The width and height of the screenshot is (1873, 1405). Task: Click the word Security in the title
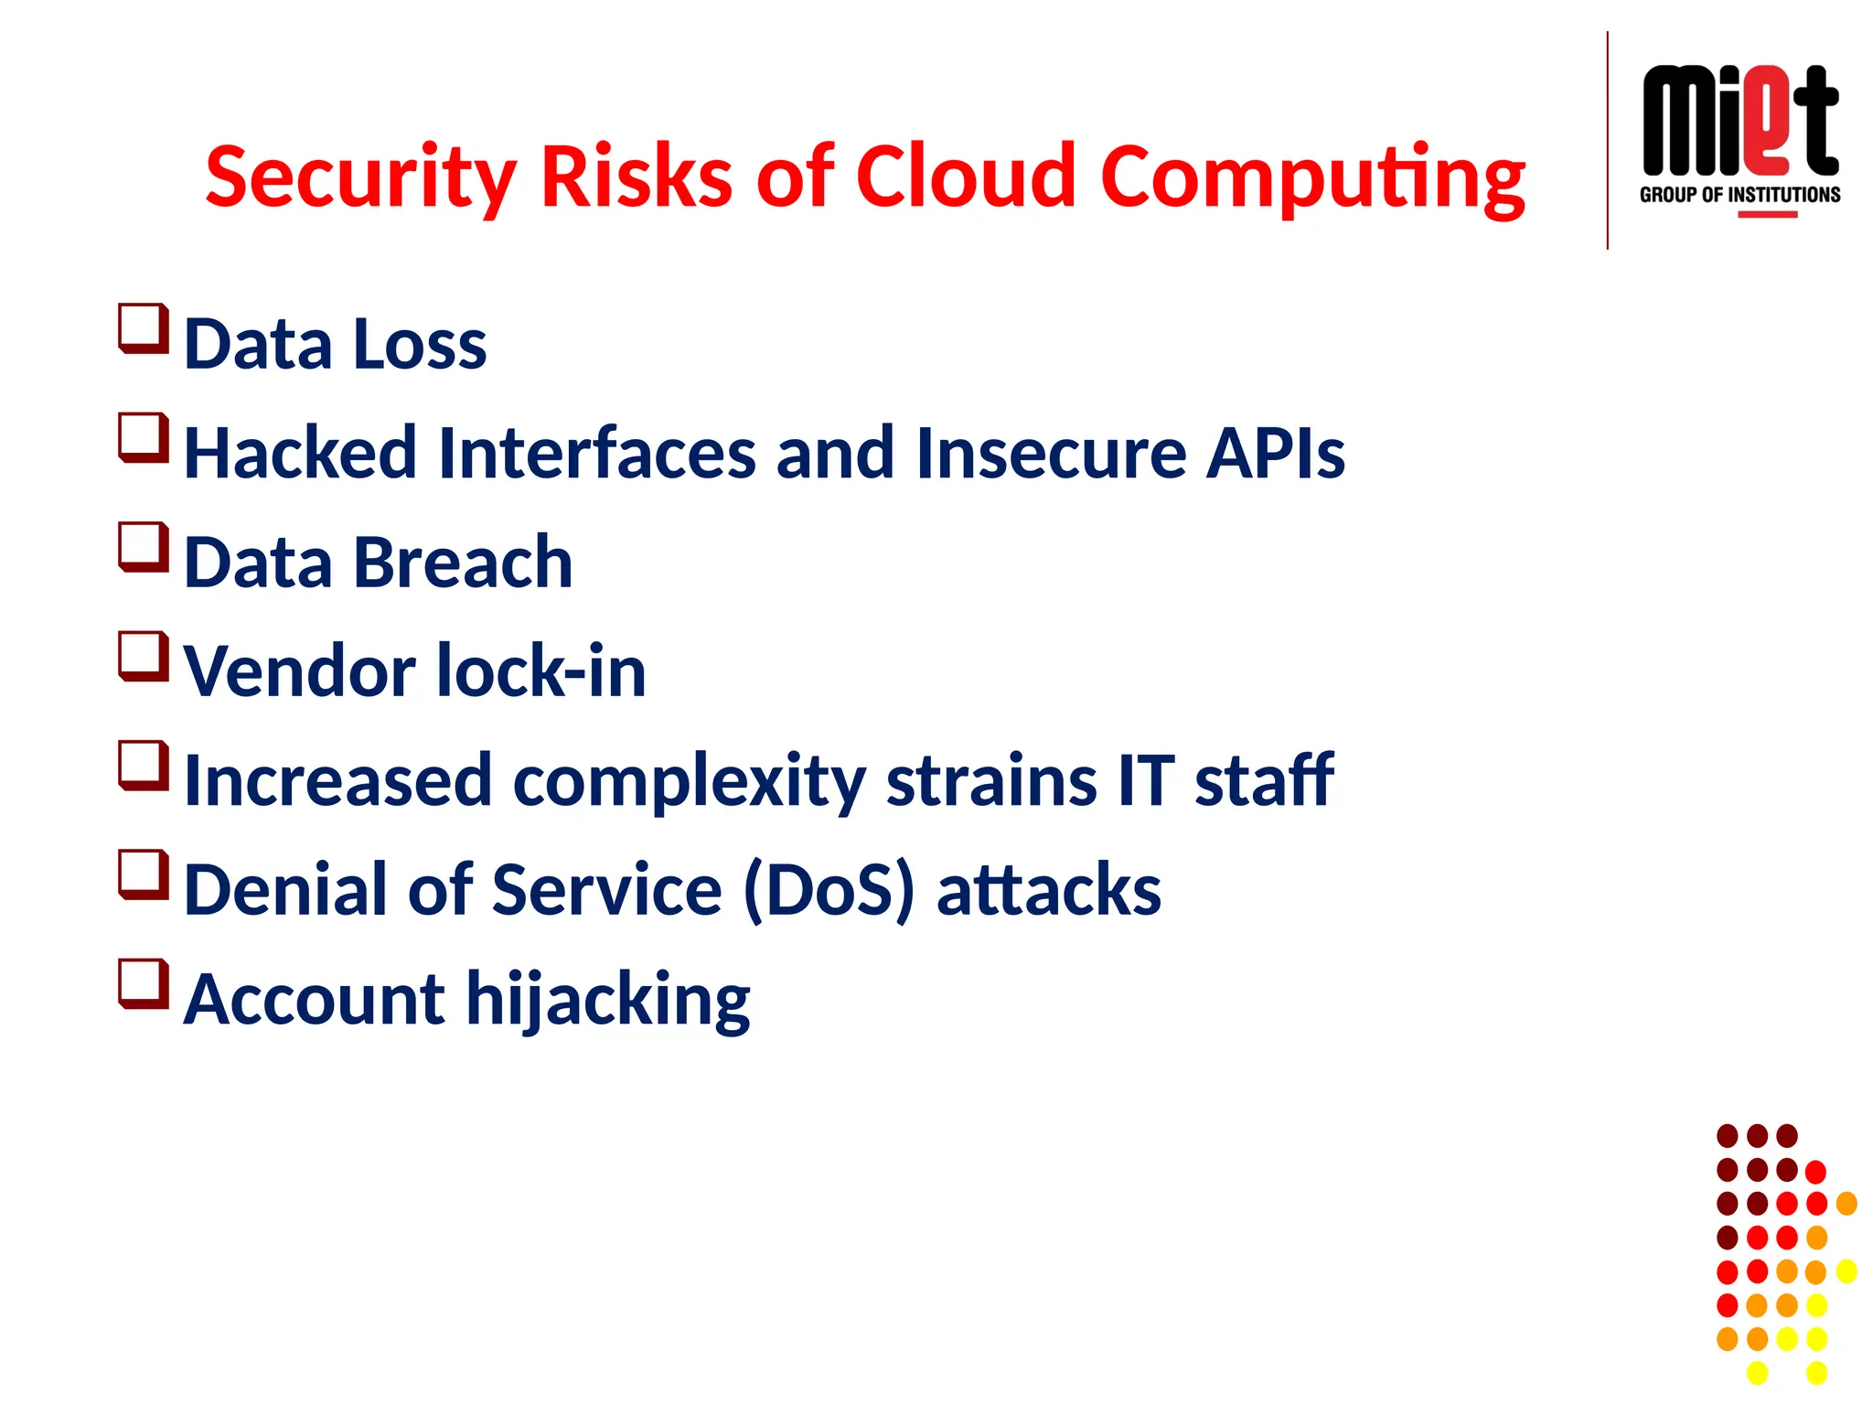click(360, 177)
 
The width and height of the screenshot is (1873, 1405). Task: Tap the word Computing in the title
click(1312, 177)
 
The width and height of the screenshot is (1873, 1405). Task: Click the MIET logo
click(1739, 122)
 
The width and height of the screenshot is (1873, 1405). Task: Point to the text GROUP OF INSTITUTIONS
click(1739, 195)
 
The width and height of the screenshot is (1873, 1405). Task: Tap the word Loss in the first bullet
click(419, 345)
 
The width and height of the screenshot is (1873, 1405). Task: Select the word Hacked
click(300, 453)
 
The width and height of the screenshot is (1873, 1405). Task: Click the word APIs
click(1275, 453)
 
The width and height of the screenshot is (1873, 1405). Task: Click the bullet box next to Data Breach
click(144, 547)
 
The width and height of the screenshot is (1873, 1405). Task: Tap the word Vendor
click(300, 671)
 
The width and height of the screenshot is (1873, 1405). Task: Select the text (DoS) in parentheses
click(829, 890)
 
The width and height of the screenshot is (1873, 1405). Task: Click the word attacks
click(1048, 890)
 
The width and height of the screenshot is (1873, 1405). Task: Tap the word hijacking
click(608, 1001)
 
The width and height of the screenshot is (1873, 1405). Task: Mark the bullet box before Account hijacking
click(144, 984)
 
